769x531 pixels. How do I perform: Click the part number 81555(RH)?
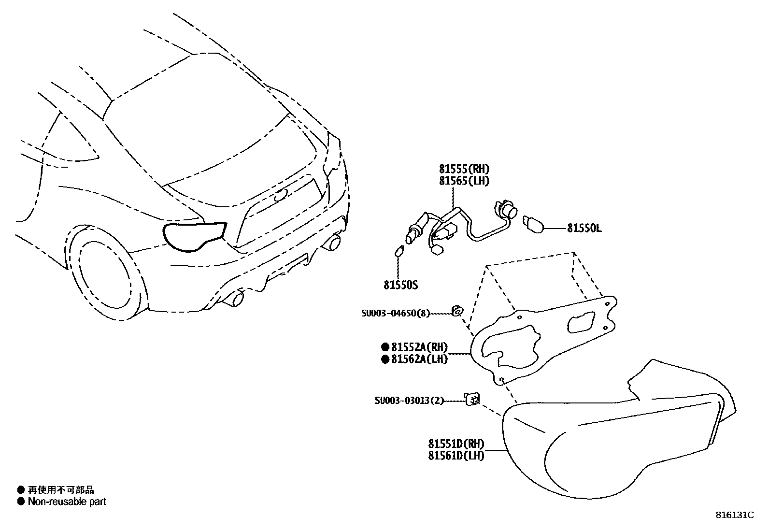pyautogui.click(x=464, y=169)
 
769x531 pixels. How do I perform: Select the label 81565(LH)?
pyautogui.click(x=464, y=181)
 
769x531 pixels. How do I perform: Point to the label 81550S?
pyautogui.click(x=400, y=285)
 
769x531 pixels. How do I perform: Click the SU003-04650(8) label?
pyautogui.click(x=395, y=313)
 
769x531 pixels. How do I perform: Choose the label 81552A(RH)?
pyautogui.click(x=419, y=347)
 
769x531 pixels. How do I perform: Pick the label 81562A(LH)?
pyautogui.click(x=419, y=359)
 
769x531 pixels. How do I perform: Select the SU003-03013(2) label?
pyautogui.click(x=409, y=400)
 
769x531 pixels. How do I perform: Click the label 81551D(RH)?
pyautogui.click(x=456, y=444)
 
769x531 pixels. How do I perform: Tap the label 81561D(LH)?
pyautogui.click(x=456, y=455)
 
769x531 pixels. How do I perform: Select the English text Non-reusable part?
pyautogui.click(x=67, y=502)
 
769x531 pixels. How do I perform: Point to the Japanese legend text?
pyautogui.click(x=61, y=490)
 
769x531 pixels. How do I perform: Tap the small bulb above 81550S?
pyautogui.click(x=399, y=252)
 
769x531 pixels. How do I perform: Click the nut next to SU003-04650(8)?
pyautogui.click(x=456, y=311)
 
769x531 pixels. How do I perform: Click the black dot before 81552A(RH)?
pyautogui.click(x=385, y=347)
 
